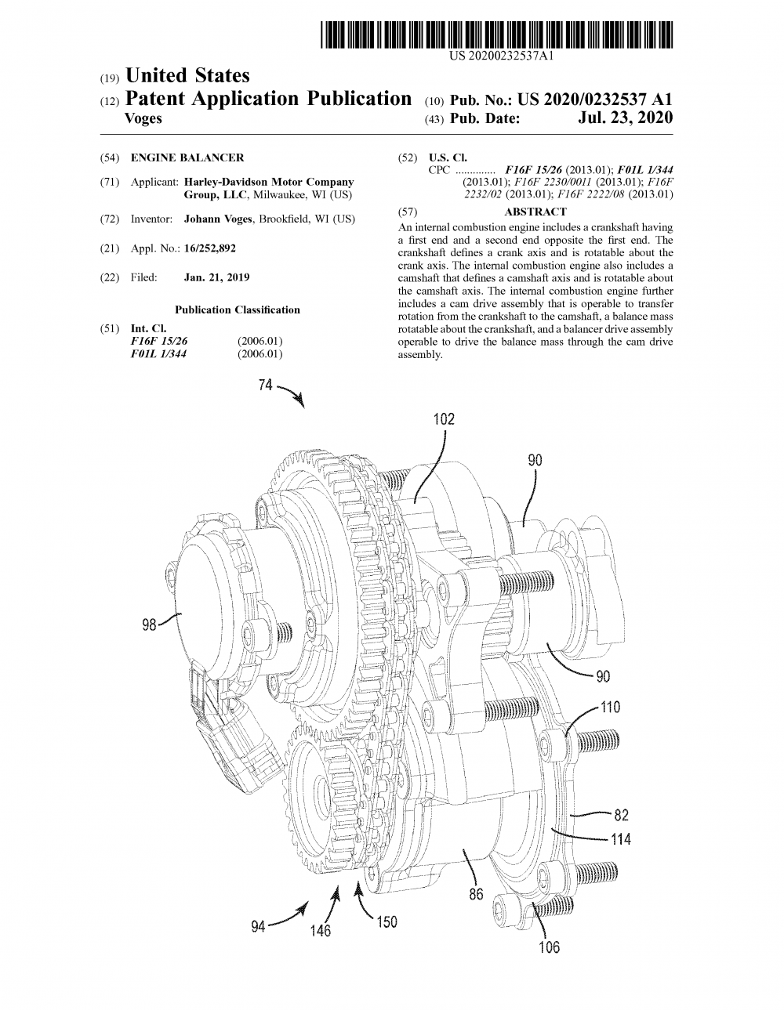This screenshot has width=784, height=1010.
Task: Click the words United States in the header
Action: [x=187, y=76]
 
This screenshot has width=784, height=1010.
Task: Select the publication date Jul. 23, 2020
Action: [x=625, y=118]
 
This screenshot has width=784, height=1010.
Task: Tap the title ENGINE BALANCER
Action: [x=187, y=157]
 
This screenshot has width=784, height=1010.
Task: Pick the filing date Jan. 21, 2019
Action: [x=216, y=277]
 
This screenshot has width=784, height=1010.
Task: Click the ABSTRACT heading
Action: [x=535, y=212]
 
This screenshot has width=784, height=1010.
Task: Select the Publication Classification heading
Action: [x=237, y=310]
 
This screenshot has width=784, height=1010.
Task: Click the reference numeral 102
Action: [x=444, y=419]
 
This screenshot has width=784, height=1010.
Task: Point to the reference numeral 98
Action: [x=150, y=624]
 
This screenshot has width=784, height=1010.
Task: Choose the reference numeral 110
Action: [x=610, y=708]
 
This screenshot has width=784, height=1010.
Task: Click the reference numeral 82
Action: [x=622, y=815]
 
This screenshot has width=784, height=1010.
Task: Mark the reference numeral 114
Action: [x=621, y=839]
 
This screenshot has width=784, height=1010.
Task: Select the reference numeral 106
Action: [x=550, y=948]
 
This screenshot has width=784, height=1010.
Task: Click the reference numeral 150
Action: [x=387, y=922]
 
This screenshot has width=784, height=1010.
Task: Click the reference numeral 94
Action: [x=258, y=927]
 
